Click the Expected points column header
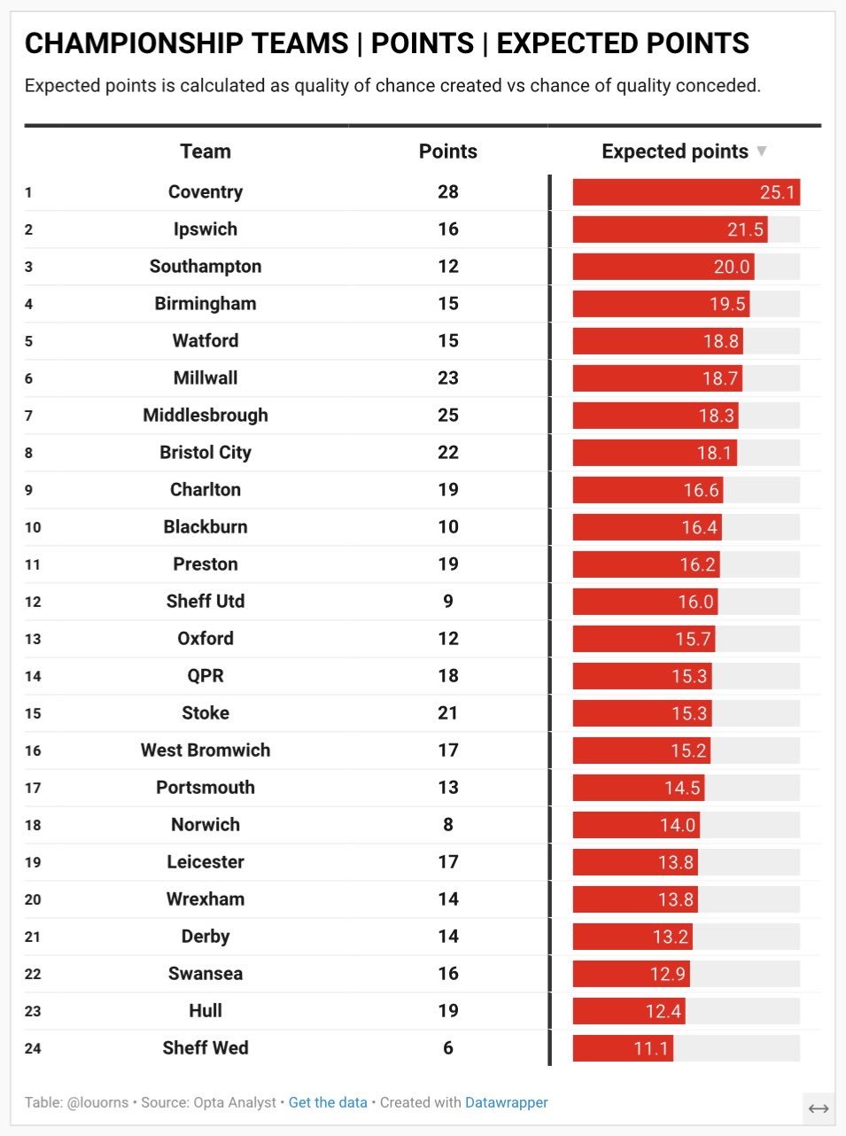[674, 152]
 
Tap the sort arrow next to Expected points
[761, 152]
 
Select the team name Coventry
[205, 192]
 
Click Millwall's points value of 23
[448, 378]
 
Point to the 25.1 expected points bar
[686, 192]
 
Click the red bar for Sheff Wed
[623, 1048]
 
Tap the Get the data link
[328, 1102]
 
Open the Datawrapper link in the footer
[506, 1102]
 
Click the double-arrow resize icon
[819, 1109]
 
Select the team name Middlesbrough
[205, 416]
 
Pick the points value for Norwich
[448, 825]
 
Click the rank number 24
[33, 1048]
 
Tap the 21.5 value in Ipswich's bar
[745, 230]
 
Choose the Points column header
[448, 152]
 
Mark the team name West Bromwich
[205, 751]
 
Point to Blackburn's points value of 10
[448, 527]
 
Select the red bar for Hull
[629, 1011]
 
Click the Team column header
[205, 152]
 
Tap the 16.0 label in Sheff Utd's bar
[695, 602]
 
